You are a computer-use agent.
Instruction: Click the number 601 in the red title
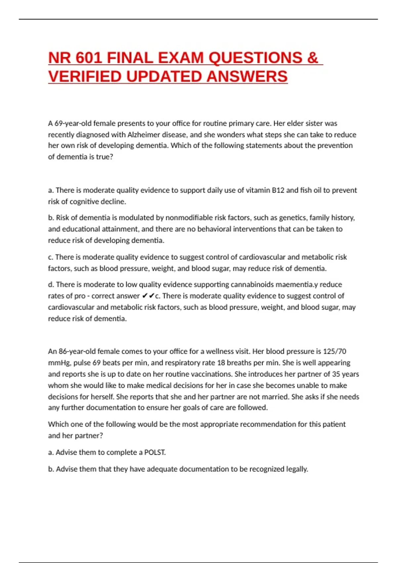[x=89, y=58]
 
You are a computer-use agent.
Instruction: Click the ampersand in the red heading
[x=312, y=58]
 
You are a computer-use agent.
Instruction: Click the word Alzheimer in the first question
[x=144, y=135]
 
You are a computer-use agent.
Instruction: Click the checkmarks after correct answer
[x=148, y=296]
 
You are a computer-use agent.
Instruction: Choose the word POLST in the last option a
[x=154, y=452]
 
